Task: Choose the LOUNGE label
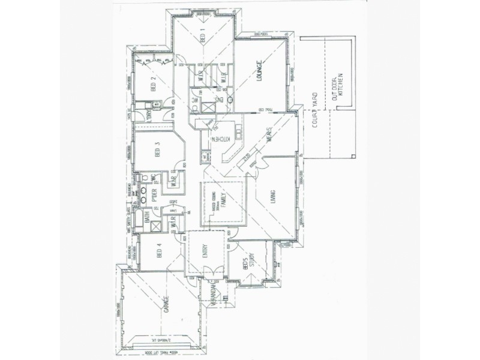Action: [x=261, y=73]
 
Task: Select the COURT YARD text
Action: [x=314, y=121]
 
